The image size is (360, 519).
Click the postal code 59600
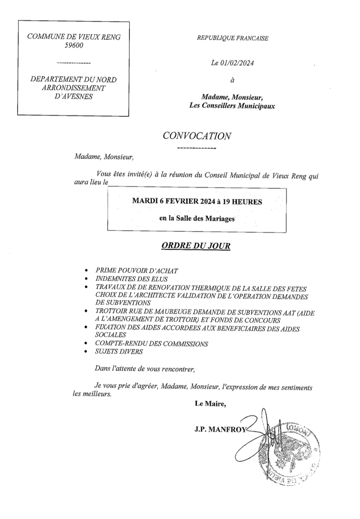pyautogui.click(x=74, y=45)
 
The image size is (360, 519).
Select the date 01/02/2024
pyautogui.click(x=237, y=63)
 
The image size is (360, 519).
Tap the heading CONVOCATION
pyautogui.click(x=197, y=136)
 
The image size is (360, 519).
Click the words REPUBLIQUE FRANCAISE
pyautogui.click(x=232, y=38)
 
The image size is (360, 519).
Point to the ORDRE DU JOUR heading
pyautogui.click(x=196, y=246)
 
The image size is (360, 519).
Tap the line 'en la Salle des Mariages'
pyautogui.click(x=197, y=219)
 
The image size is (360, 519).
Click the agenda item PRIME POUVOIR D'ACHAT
pyautogui.click(x=137, y=271)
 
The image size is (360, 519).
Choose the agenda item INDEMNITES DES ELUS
pyautogui.click(x=131, y=279)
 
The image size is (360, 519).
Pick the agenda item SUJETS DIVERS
pyautogui.click(x=119, y=351)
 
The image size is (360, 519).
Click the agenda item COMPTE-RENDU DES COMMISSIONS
pyautogui.click(x=152, y=344)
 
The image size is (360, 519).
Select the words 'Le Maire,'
pyautogui.click(x=210, y=404)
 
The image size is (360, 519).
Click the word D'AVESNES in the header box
pyautogui.click(x=73, y=96)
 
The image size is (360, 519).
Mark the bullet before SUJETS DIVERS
pyautogui.click(x=85, y=352)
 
